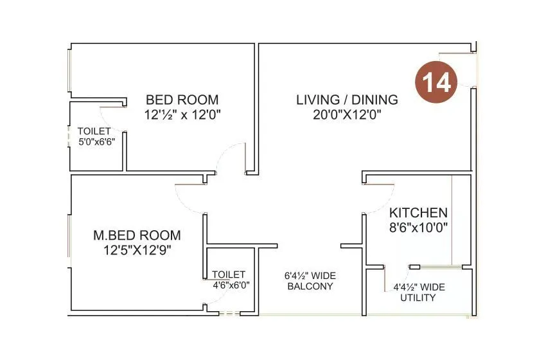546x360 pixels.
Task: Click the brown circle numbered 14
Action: [x=439, y=81]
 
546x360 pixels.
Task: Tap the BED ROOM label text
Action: [x=182, y=100]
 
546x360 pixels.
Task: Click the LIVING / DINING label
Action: [x=347, y=100]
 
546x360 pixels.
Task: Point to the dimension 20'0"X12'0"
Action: [x=347, y=115]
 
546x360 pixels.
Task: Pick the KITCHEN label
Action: [x=419, y=213]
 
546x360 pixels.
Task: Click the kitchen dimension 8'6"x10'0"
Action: [x=419, y=227]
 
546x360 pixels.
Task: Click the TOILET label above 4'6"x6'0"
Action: [x=229, y=274]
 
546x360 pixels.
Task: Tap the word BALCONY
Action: [x=310, y=286]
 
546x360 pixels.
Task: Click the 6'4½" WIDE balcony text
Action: [x=310, y=276]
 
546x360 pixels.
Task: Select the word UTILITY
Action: [x=418, y=298]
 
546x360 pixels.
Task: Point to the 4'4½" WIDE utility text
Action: [x=418, y=287]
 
